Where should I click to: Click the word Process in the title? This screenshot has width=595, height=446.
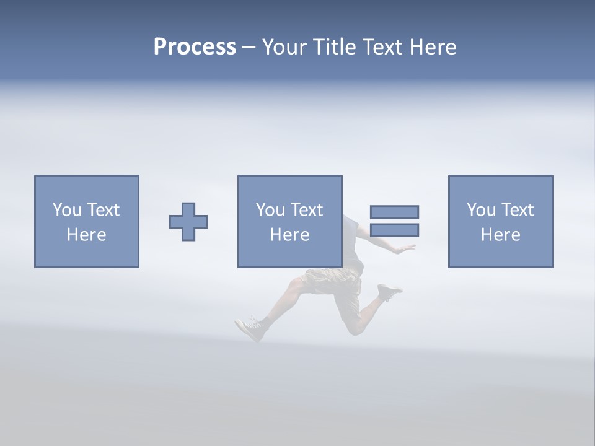195,47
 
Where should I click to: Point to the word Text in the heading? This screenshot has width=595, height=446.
386,47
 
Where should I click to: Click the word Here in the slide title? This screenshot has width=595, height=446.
434,47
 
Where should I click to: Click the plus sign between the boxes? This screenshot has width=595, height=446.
188,222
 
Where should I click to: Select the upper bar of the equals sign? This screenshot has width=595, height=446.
394,212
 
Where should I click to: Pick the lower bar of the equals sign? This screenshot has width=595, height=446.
394,230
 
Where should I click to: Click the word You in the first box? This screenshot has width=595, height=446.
67,210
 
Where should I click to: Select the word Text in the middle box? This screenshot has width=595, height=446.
307,210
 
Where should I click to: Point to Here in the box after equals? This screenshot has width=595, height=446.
500,235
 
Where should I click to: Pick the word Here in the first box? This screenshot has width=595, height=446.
86,235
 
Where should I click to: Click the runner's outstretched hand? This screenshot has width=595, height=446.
407,248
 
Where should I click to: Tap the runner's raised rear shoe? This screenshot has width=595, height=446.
389,291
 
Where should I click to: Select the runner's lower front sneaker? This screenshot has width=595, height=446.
250,328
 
